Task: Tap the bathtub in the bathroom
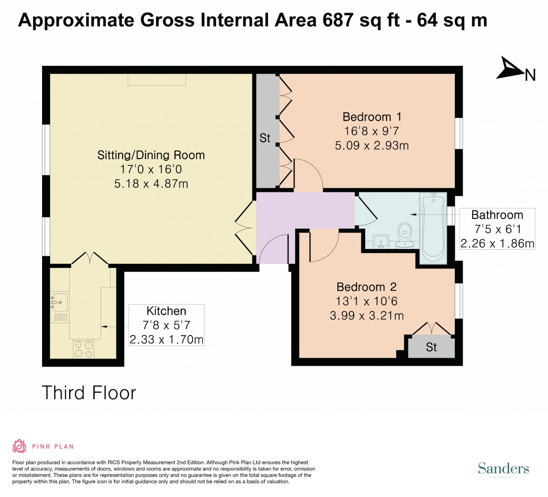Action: (433, 228)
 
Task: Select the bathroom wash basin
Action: (381, 241)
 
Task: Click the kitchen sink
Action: (59, 303)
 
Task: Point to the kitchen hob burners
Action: (83, 349)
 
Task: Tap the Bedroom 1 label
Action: (372, 117)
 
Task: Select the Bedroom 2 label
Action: (367, 287)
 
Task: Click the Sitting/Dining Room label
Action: (151, 155)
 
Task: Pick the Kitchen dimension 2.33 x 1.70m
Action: (166, 340)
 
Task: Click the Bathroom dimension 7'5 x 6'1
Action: (497, 229)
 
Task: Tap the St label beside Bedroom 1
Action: (265, 138)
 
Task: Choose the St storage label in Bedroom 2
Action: (431, 347)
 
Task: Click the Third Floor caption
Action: (89, 393)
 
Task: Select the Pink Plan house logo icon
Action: (19, 446)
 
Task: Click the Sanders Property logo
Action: (503, 470)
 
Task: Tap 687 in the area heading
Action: (338, 20)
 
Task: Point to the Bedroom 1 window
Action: (459, 133)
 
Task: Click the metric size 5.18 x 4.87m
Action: (151, 184)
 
